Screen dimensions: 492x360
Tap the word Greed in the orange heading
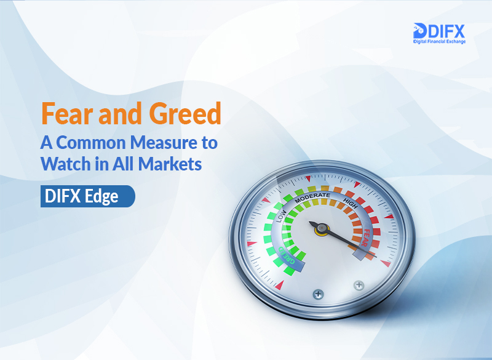[185, 113]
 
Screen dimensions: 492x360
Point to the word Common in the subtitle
[91, 143]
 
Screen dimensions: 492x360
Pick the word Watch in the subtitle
[65, 164]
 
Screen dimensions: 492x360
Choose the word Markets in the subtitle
[170, 164]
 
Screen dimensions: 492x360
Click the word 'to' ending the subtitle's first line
[209, 143]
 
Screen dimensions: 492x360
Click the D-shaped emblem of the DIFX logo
[420, 31]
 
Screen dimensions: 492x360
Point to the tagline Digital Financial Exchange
[439, 41]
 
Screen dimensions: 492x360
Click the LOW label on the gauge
[281, 215]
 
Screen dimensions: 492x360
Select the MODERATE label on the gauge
[312, 198]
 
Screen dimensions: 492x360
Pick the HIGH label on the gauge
[350, 204]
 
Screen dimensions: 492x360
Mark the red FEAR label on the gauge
[366, 238]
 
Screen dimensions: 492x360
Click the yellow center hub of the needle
[322, 229]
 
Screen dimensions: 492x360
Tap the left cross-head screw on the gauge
[318, 294]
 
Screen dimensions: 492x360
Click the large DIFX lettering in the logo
[446, 31]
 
